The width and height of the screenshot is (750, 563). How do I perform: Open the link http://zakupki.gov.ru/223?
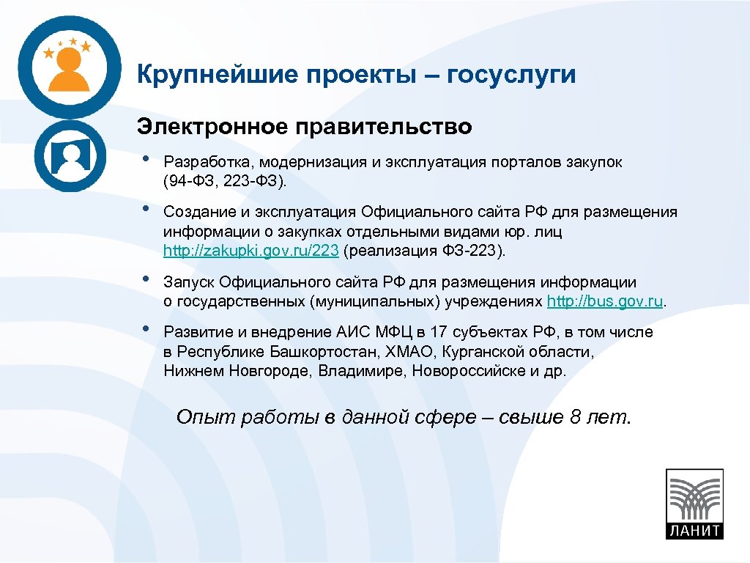click(251, 251)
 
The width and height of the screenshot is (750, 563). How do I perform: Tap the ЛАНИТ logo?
click(694, 504)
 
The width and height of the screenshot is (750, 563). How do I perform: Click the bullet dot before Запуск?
click(146, 279)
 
